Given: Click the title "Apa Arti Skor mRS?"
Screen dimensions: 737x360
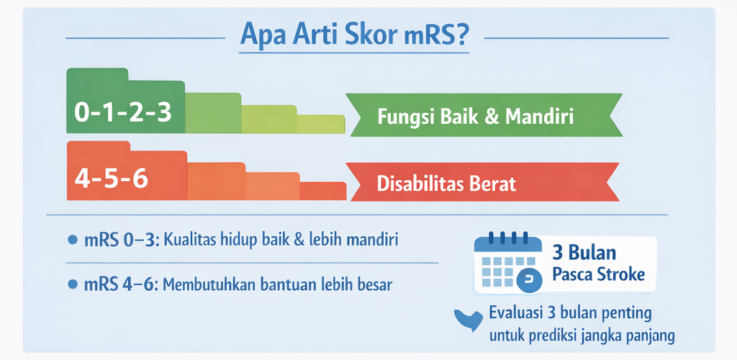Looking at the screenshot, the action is click(x=353, y=36).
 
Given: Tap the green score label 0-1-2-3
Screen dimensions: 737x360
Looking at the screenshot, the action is click(x=123, y=114).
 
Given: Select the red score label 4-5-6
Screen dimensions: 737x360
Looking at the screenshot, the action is click(x=112, y=180).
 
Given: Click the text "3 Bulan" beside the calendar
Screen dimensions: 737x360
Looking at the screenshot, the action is click(x=584, y=253).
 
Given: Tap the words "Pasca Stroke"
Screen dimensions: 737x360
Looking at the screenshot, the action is click(x=597, y=274).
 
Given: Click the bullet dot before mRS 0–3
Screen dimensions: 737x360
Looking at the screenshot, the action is click(x=73, y=240).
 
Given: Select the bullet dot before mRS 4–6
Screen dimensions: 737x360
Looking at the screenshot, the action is click(x=73, y=284).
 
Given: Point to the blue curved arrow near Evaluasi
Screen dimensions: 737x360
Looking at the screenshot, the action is click(x=468, y=320).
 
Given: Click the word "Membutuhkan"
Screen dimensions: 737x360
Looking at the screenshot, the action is click(x=204, y=284).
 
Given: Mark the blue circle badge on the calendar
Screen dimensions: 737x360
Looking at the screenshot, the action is click(x=528, y=282).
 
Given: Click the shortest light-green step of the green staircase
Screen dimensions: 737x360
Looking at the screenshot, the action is click(x=321, y=125).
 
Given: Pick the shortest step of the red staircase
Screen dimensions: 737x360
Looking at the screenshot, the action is click(x=323, y=191).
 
